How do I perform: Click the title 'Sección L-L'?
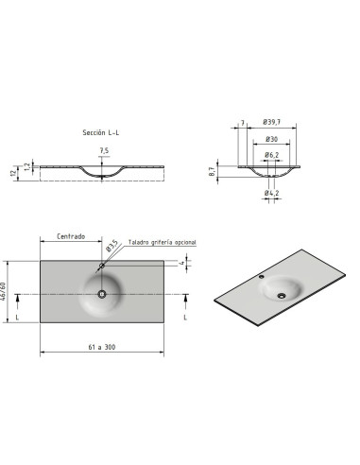101,132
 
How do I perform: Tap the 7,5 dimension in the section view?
104,151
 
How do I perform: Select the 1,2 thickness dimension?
27,166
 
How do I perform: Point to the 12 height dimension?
13,173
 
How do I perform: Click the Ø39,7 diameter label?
271,122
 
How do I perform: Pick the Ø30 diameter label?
271,139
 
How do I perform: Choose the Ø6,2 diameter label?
271,155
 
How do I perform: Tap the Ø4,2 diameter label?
271,193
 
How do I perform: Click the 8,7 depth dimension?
212,172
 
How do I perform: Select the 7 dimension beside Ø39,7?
243,123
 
